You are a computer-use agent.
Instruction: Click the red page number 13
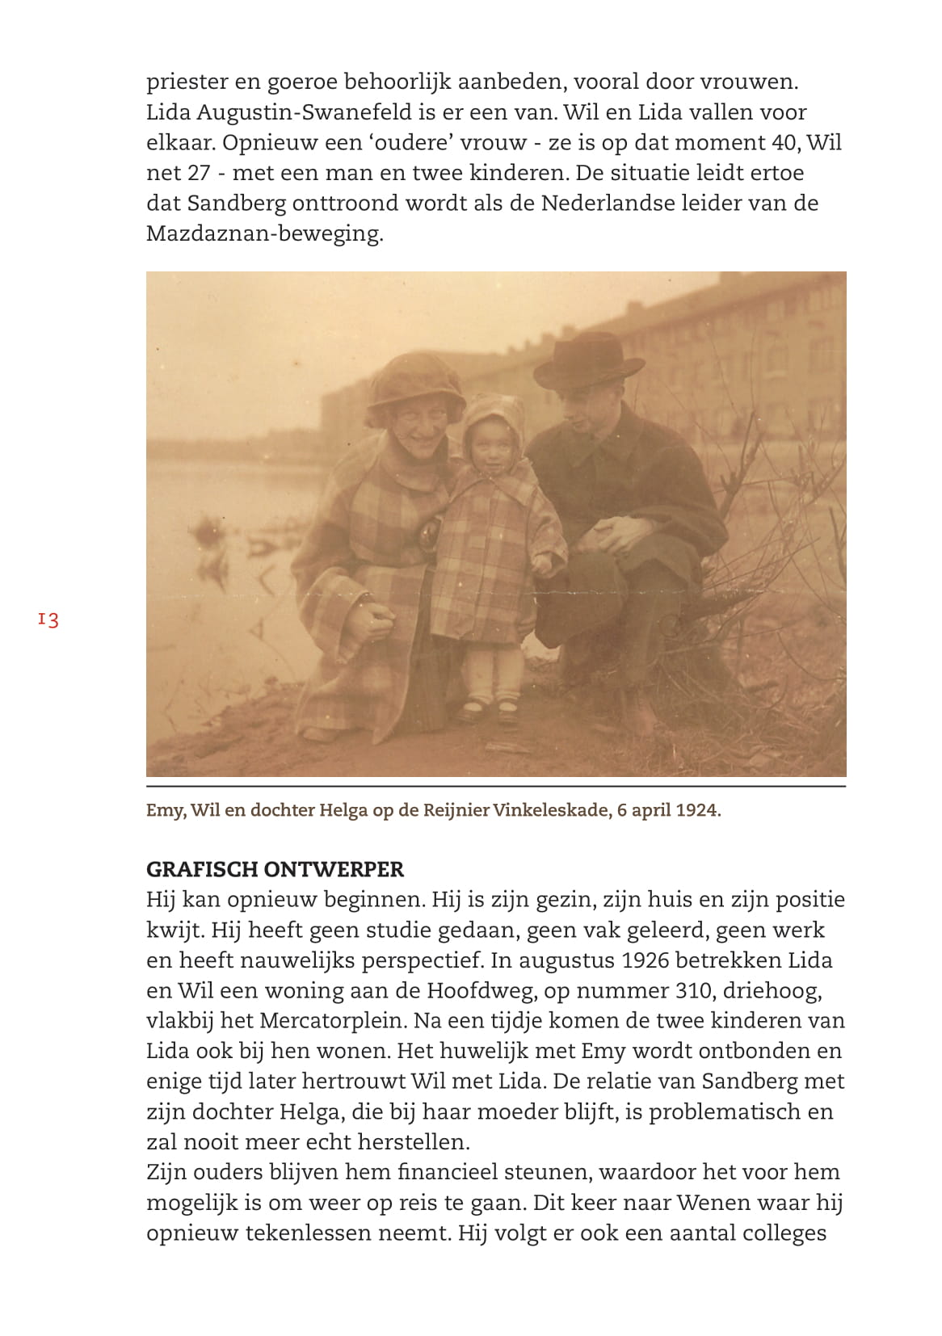coord(48,620)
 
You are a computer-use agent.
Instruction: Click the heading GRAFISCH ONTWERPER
coord(275,869)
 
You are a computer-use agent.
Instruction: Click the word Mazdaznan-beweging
coord(264,234)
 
